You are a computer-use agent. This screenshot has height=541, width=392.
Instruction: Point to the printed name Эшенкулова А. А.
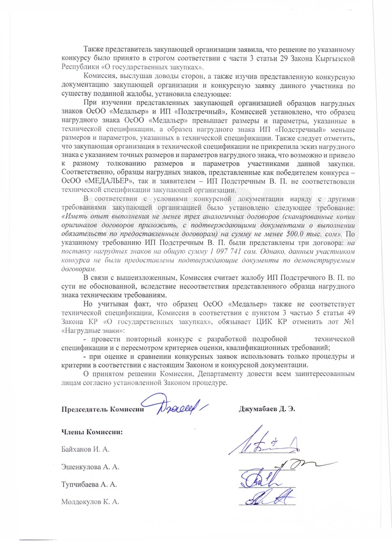[90, 467]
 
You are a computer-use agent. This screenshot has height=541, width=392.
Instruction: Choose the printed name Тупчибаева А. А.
[89, 484]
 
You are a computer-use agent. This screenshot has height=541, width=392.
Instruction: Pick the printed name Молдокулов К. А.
[90, 502]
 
